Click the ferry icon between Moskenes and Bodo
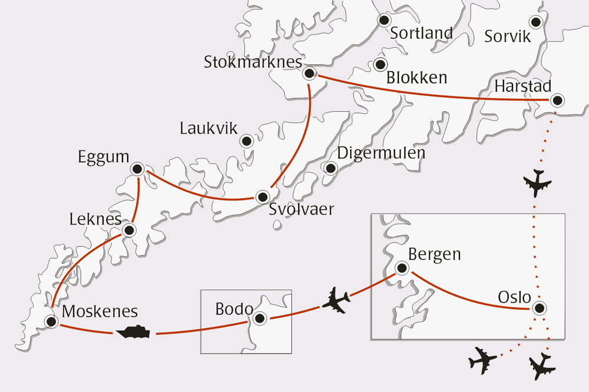coord(133,333)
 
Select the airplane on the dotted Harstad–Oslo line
coord(537,182)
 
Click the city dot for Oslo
coord(538,308)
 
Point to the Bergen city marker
coord(402,268)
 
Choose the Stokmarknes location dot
coord(309,74)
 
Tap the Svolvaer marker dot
coord(262,197)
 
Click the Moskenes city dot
coord(51,321)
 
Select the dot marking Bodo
coord(259,318)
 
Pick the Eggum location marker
coord(138,170)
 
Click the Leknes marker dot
coord(130,230)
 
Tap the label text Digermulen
coord(381,153)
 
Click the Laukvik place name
coord(209,128)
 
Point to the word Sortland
coord(422,33)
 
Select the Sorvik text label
coord(507,36)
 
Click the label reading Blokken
coord(416,77)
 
